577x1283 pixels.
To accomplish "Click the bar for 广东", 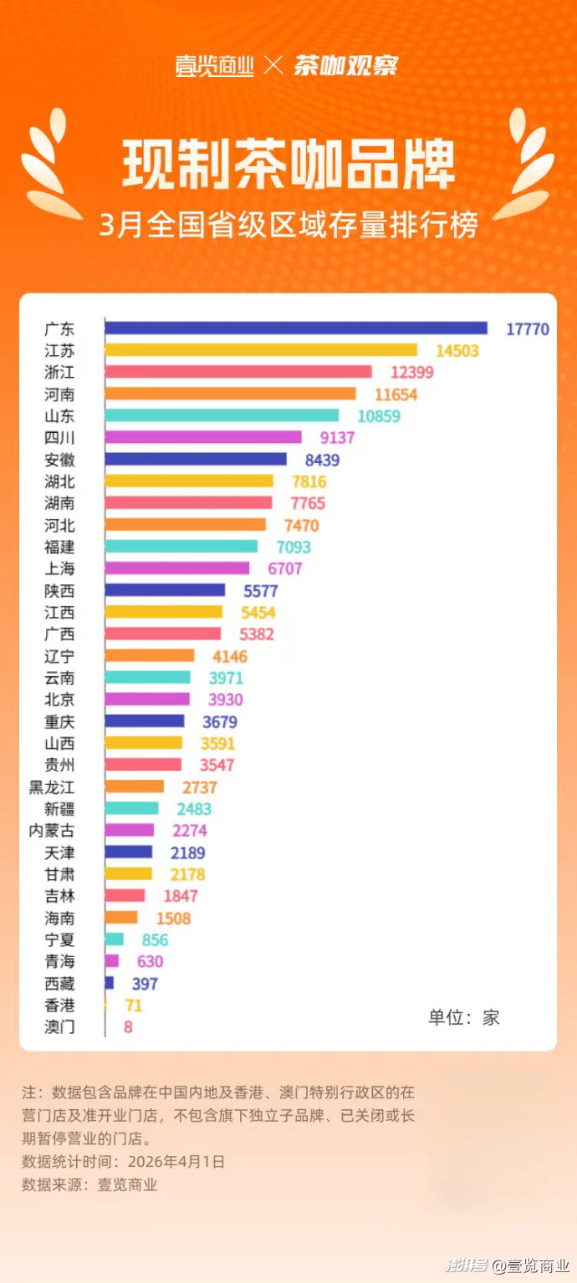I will (x=296, y=328).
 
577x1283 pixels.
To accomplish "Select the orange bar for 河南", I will (x=230, y=394).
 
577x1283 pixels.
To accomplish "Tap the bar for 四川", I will (x=203, y=437).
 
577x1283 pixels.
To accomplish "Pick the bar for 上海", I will (x=177, y=568).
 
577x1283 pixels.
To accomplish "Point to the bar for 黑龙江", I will (x=135, y=787).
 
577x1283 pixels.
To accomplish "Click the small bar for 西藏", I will (x=110, y=983).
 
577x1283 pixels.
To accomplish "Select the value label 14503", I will (x=457, y=351).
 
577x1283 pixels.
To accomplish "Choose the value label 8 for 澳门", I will (x=128, y=1027).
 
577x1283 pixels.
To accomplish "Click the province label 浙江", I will (x=59, y=372).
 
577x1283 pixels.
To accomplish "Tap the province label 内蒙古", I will (x=52, y=830).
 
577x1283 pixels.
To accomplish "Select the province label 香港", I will (x=59, y=1006).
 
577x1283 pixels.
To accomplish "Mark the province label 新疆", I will (x=59, y=808).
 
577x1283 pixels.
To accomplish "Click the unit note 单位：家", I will (x=464, y=1016).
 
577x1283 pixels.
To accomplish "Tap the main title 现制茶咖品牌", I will (x=288, y=162).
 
